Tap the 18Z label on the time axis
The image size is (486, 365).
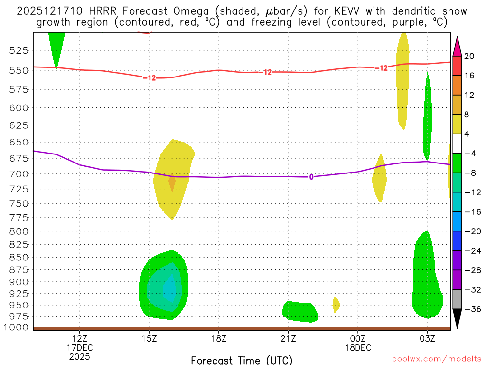(218, 338)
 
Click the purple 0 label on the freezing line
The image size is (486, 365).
(311, 177)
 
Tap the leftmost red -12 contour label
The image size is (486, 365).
(149, 78)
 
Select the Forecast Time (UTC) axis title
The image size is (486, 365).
(242, 360)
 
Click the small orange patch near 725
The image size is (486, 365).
(172, 182)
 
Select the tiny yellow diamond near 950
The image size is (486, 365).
(336, 304)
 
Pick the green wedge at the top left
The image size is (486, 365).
(56, 45)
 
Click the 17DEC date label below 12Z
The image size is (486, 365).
(80, 347)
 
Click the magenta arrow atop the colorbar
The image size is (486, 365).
(458, 47)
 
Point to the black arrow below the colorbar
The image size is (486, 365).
(458, 318)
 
